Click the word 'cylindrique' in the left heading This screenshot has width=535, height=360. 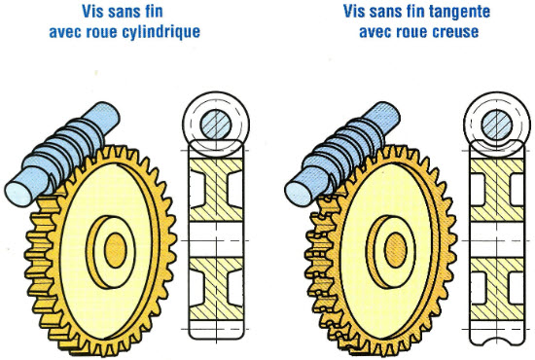click(x=160, y=32)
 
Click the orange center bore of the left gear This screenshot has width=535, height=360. click(x=116, y=250)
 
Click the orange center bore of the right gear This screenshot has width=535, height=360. click(x=396, y=250)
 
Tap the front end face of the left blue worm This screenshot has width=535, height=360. click(x=18, y=195)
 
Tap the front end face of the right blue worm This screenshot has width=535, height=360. click(x=299, y=195)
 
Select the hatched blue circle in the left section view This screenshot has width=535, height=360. click(x=216, y=125)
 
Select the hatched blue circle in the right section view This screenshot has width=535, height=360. click(x=497, y=125)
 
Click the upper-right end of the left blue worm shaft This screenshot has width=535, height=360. click(x=110, y=113)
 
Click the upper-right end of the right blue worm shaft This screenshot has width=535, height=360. click(x=390, y=113)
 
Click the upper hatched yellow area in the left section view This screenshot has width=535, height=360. click(x=216, y=190)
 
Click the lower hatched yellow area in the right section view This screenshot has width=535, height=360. click(x=497, y=289)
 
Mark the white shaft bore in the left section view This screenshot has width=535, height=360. click(x=216, y=239)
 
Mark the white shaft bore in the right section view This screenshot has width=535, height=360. click(x=497, y=239)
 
